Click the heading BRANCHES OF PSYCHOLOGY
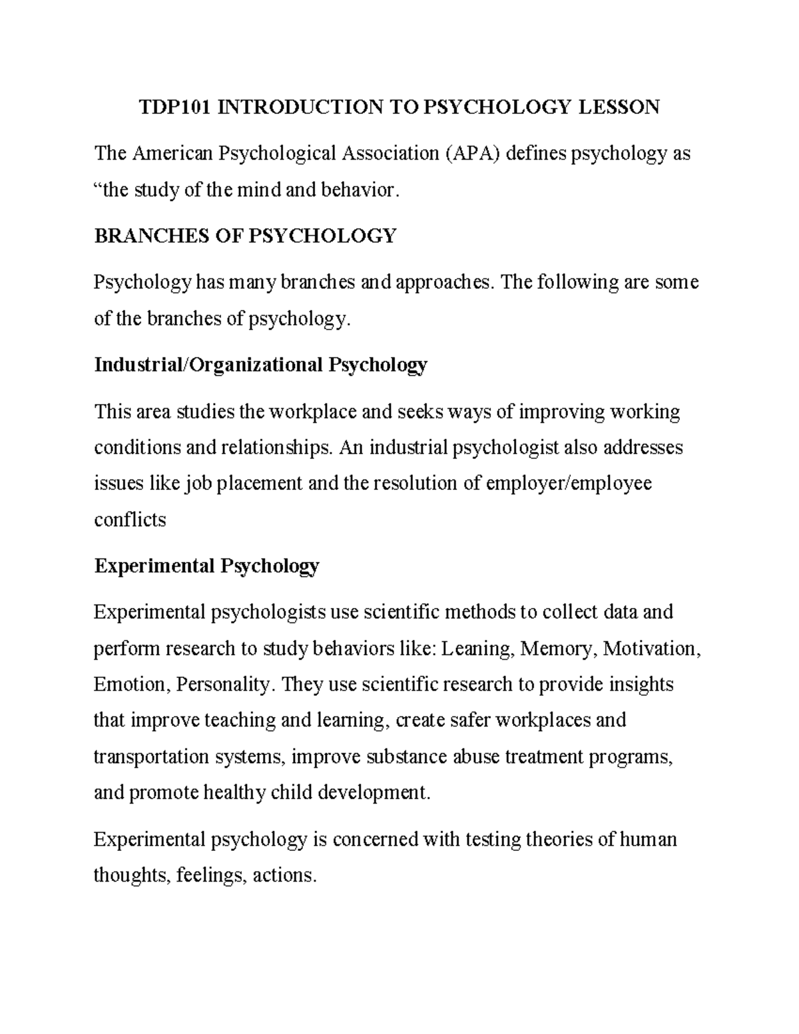(245, 236)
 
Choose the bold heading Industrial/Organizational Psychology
(260, 365)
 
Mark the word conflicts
(130, 519)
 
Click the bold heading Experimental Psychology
(206, 566)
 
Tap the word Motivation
(651, 648)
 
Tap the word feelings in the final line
(211, 876)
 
